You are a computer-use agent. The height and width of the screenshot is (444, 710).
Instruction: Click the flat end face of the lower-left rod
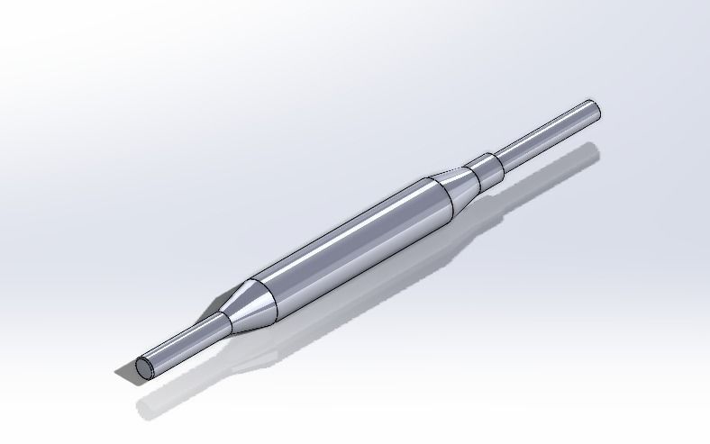(x=145, y=367)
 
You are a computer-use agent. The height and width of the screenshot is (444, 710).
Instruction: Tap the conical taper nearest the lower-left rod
(x=245, y=306)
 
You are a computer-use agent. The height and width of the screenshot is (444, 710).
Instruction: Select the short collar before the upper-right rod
(x=487, y=168)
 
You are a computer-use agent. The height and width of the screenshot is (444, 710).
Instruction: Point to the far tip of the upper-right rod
(x=594, y=109)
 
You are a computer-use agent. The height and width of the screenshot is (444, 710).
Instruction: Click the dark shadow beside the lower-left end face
(x=124, y=374)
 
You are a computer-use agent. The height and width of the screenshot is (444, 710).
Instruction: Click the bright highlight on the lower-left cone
(x=247, y=302)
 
